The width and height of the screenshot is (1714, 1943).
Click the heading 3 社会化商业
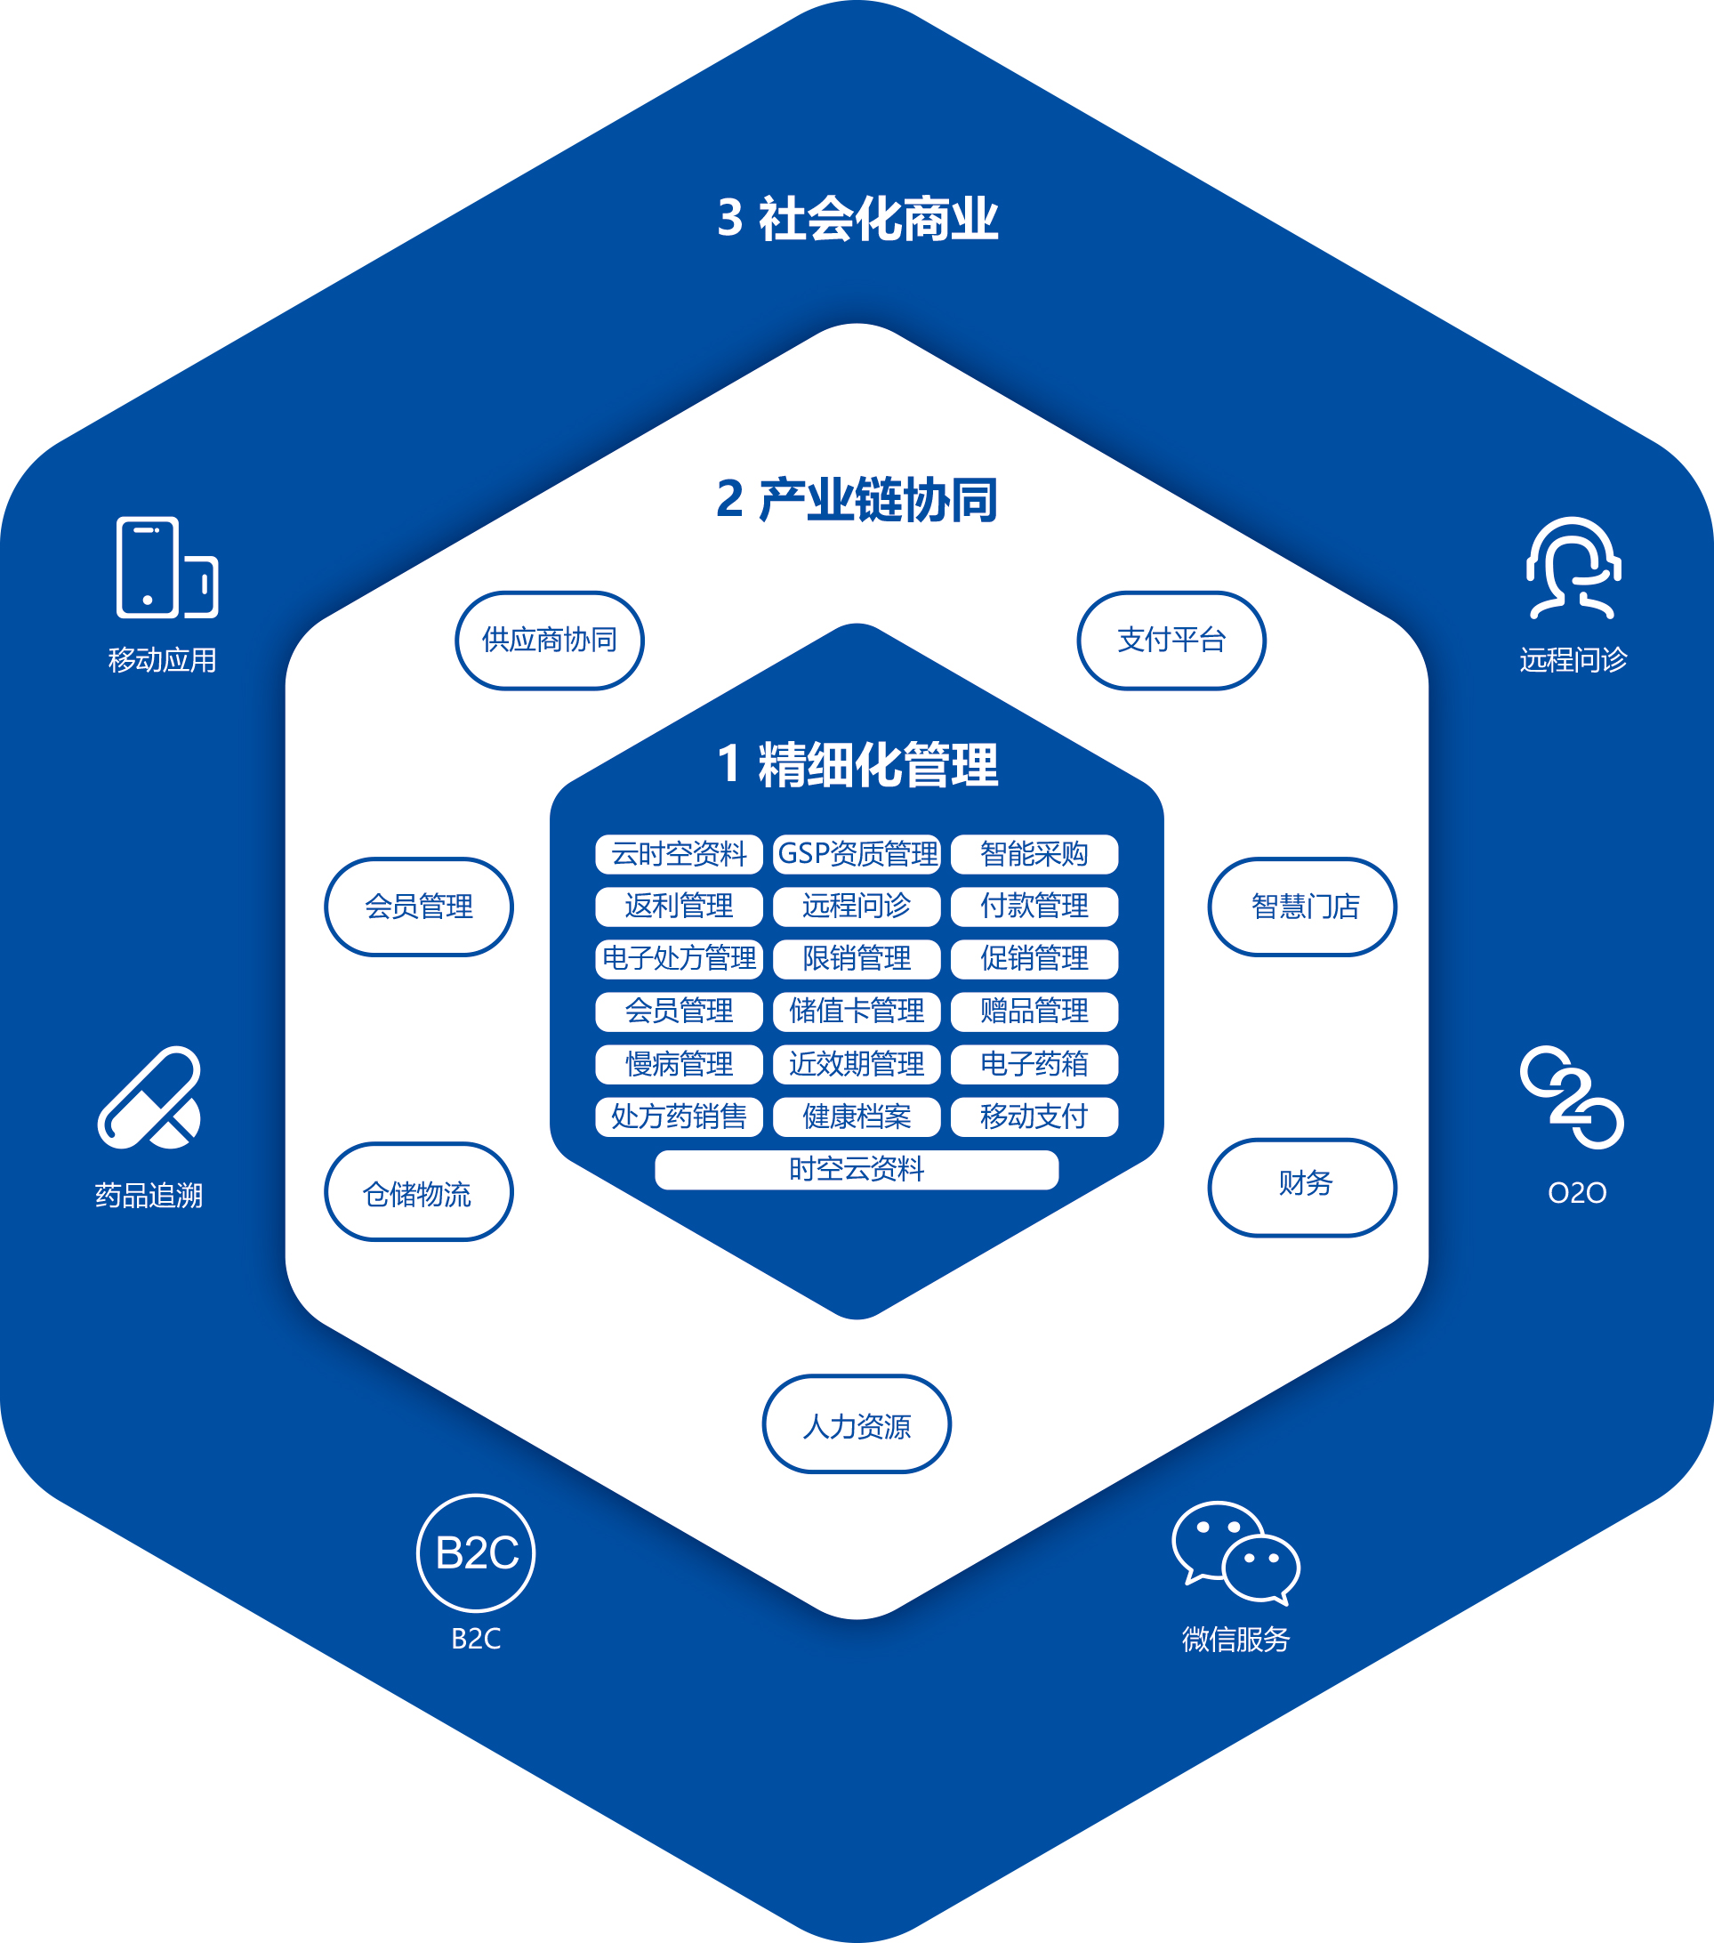coord(857,219)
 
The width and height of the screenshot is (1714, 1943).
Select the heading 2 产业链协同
coord(857,499)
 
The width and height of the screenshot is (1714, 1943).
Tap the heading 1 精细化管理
coord(857,764)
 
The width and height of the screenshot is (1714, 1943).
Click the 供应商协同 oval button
coord(550,640)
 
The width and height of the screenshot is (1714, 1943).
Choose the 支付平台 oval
coord(1171,640)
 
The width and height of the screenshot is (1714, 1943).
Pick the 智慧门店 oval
coord(1302,906)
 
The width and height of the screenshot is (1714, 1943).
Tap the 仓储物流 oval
coord(418,1191)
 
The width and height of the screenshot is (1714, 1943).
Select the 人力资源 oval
coord(857,1423)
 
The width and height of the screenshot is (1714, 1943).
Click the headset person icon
coord(1573,568)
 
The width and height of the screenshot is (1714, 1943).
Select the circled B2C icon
coord(476,1552)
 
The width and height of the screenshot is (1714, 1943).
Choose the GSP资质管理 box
coord(857,854)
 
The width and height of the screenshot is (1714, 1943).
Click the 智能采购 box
coord(1034,854)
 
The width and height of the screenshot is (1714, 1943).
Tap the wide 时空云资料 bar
coord(857,1169)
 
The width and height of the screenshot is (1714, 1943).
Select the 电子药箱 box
coord(1034,1064)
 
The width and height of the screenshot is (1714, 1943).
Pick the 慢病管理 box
coord(679,1064)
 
